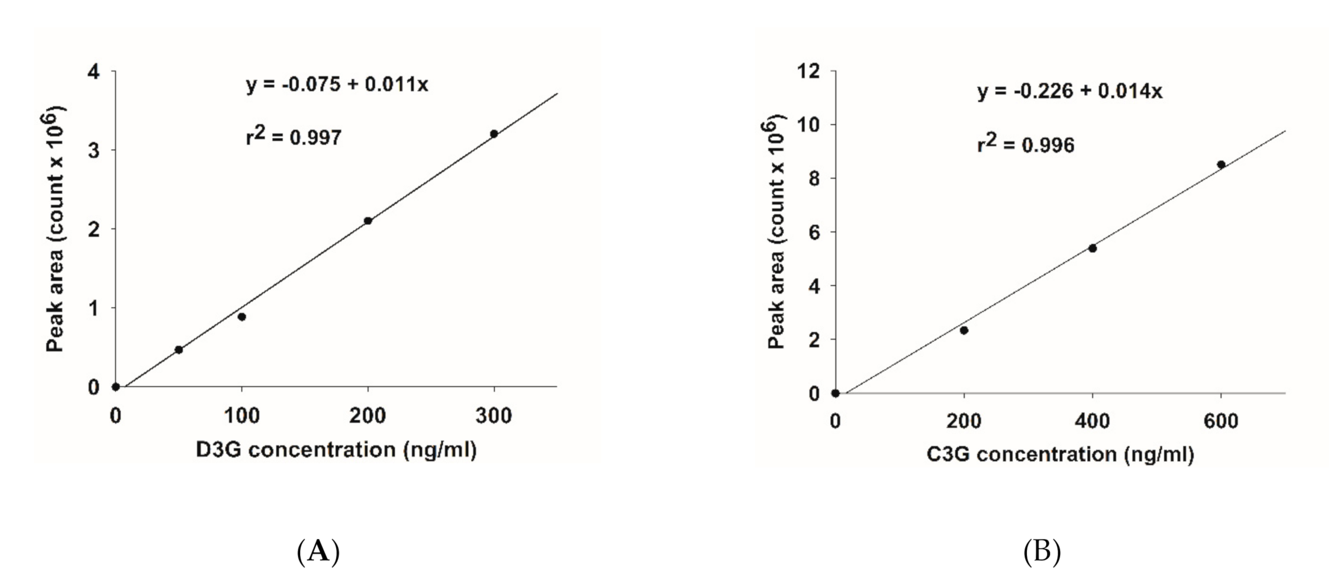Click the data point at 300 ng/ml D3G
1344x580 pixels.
click(494, 134)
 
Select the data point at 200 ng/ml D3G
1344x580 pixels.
click(368, 221)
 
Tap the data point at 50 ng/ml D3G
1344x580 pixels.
click(179, 350)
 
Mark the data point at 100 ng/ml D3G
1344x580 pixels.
click(241, 317)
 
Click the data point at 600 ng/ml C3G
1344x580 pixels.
click(1221, 165)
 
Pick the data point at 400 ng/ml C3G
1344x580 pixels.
click(1092, 248)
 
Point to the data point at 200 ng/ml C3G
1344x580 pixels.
click(964, 330)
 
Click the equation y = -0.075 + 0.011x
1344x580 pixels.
click(337, 85)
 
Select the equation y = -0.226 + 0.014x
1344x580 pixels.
click(1069, 91)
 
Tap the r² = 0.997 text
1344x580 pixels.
click(294, 137)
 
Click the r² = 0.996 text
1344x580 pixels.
click(1026, 144)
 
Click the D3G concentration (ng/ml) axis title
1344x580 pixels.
click(336, 450)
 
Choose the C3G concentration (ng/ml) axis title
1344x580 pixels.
click(1060, 455)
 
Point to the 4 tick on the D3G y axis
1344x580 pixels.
click(94, 72)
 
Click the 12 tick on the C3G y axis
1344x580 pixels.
click(808, 72)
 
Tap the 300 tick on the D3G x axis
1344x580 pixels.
click(494, 416)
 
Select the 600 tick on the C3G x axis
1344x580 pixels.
click(1221, 421)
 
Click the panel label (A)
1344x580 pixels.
click(318, 552)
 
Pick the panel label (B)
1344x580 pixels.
click(1042, 552)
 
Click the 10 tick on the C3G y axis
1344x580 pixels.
click(808, 125)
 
